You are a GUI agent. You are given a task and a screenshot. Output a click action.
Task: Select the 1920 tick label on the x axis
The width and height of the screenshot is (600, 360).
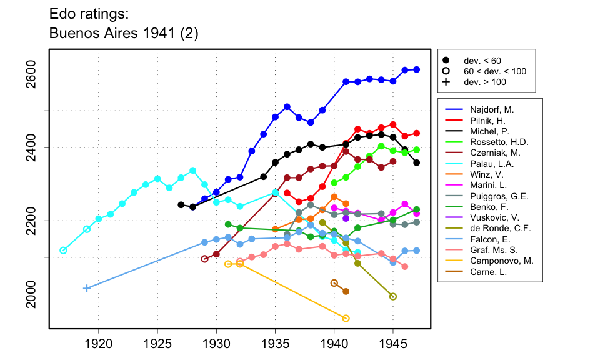98,343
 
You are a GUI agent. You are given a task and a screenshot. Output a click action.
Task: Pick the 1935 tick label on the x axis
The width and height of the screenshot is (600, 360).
275,343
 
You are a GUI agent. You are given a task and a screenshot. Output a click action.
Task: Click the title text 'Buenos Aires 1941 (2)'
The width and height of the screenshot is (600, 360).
124,34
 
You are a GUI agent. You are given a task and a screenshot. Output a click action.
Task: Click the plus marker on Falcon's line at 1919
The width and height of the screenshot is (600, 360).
86,288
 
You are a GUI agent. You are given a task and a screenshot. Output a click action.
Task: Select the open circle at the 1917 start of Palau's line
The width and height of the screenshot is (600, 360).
63,251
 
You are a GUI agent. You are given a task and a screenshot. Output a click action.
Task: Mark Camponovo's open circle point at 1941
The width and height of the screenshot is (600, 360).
346,319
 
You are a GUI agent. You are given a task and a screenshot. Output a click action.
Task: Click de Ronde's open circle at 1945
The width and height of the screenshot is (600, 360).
393,297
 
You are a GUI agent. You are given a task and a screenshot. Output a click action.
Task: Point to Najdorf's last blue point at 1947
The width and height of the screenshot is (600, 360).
417,69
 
